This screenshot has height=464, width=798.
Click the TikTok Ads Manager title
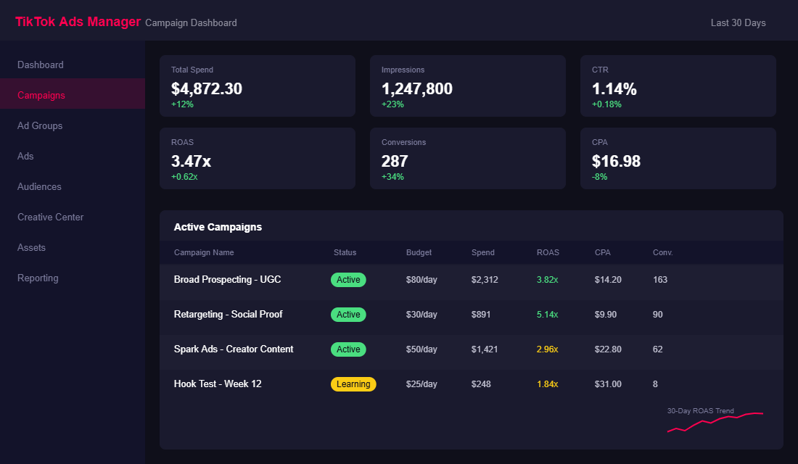click(x=78, y=22)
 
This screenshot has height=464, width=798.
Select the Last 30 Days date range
click(x=738, y=22)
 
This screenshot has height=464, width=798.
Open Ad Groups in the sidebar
click(x=40, y=125)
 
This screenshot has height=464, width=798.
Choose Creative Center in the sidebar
click(x=50, y=217)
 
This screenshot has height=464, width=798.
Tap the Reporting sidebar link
click(x=38, y=278)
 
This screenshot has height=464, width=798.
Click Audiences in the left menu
click(x=39, y=186)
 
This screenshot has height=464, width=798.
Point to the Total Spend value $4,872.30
click(x=207, y=88)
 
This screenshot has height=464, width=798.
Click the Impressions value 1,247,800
click(x=416, y=88)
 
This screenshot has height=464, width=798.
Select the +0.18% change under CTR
click(x=606, y=104)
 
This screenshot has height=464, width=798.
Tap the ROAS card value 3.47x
click(x=191, y=161)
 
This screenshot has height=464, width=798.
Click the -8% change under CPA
click(x=599, y=177)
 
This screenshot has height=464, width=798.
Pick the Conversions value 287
click(x=395, y=161)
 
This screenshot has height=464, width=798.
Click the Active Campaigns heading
click(x=218, y=227)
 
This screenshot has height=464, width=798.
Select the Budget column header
click(x=419, y=252)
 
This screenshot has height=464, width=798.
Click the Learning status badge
click(x=353, y=384)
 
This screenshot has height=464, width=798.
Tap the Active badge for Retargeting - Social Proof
click(x=348, y=315)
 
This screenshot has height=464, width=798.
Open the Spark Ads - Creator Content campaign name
click(x=234, y=349)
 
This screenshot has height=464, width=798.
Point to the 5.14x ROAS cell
click(x=547, y=315)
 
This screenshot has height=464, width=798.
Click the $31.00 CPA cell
click(x=608, y=384)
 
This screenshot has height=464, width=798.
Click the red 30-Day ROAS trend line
click(x=715, y=421)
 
